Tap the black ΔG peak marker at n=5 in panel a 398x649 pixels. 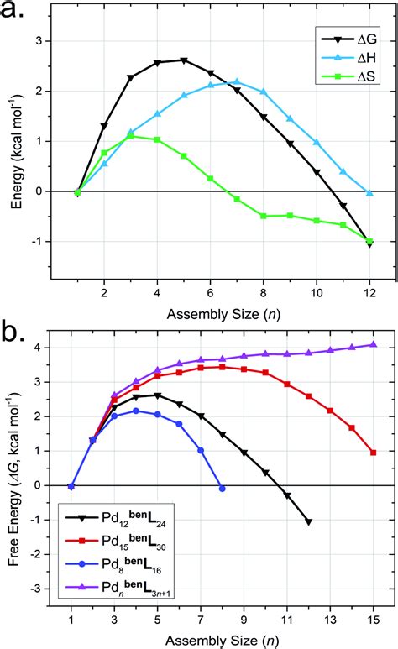click(x=183, y=60)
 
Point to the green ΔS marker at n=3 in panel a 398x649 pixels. click(x=130, y=136)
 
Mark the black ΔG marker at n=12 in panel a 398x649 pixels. click(x=369, y=243)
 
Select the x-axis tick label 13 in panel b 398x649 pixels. click(x=330, y=624)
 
